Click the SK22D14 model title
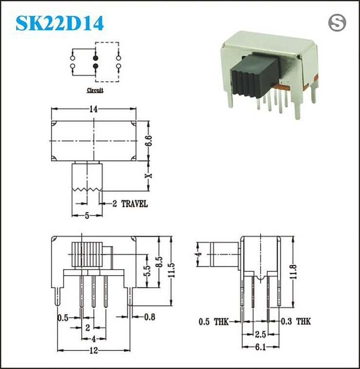[x=59, y=23]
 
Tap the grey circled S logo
[x=337, y=23]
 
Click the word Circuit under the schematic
[x=95, y=90]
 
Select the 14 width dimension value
[x=94, y=109]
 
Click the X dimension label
[x=149, y=176]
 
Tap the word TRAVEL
[x=134, y=204]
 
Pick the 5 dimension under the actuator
[x=87, y=216]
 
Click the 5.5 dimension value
[x=147, y=271]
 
